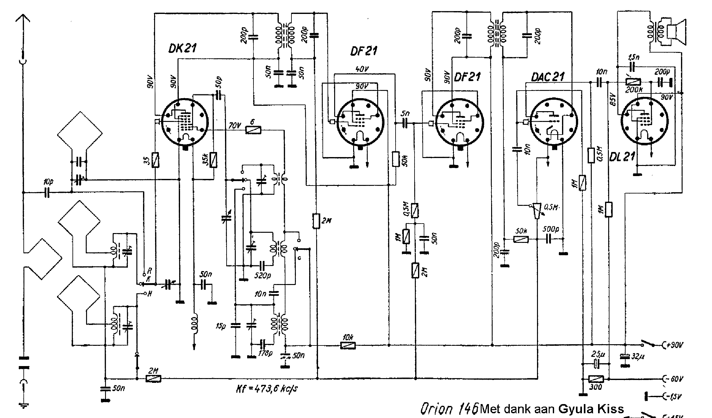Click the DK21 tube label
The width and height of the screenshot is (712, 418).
183,48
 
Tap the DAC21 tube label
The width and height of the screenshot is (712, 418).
547,77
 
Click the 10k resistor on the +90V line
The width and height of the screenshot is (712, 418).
348,345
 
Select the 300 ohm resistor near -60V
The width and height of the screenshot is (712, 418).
596,379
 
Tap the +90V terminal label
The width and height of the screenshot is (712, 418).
674,345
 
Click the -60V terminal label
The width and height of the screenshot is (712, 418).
674,379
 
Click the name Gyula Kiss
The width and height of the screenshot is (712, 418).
591,409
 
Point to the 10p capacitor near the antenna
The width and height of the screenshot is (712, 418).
47,192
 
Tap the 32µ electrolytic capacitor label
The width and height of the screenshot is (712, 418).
637,357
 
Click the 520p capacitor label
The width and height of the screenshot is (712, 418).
263,275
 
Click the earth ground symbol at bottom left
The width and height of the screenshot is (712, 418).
23,405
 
